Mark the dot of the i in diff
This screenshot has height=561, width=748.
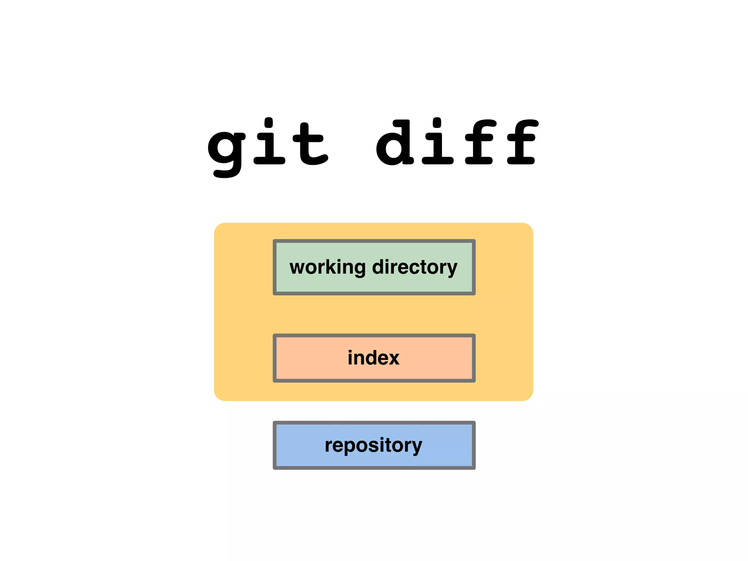(437, 122)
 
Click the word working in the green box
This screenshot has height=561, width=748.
(327, 267)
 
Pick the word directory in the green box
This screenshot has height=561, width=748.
(415, 267)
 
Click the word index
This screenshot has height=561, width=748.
(373, 358)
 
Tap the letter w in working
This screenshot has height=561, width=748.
(297, 268)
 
